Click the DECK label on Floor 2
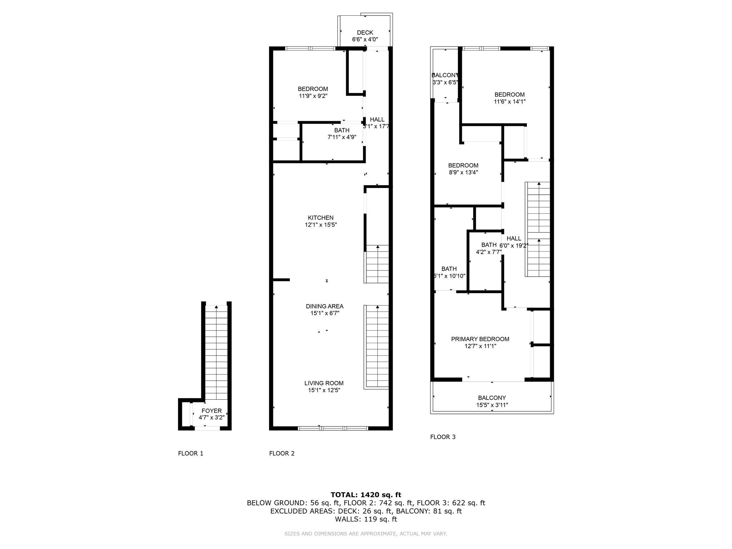click(x=365, y=33)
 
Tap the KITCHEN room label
click(x=321, y=218)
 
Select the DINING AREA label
click(x=325, y=306)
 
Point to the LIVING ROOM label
click(x=324, y=383)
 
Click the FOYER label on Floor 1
click(x=212, y=411)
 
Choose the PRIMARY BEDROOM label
click(x=480, y=339)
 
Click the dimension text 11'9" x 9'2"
click(x=313, y=96)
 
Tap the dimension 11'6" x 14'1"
click(x=510, y=102)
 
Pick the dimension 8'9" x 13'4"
click(x=463, y=172)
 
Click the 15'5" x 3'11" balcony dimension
click(x=492, y=405)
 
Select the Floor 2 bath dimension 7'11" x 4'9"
click(x=342, y=137)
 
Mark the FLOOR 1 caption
click(x=191, y=454)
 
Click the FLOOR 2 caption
click(x=282, y=454)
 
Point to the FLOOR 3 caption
click(x=443, y=437)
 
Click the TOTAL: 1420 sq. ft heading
click(x=366, y=495)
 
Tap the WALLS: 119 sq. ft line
click(x=366, y=519)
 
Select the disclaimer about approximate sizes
click(x=366, y=534)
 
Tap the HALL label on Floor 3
click(x=514, y=238)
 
